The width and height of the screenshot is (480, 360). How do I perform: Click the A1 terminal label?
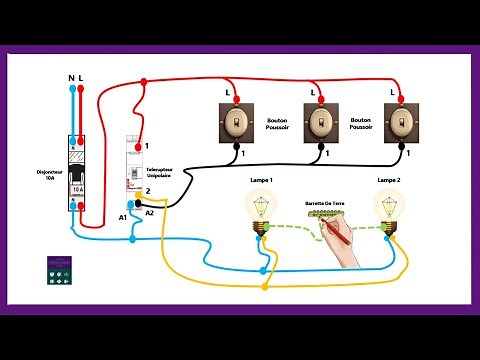tap(123, 217)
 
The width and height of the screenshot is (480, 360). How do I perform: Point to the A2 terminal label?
tap(150, 212)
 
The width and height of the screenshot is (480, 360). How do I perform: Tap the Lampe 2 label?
tap(389, 179)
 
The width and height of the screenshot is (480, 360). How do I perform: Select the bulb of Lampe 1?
tap(261, 207)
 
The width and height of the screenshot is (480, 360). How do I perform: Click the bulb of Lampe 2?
tap(390, 207)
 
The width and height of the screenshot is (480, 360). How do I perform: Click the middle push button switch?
tap(319, 124)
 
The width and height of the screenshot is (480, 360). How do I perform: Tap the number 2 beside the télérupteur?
tap(147, 190)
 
